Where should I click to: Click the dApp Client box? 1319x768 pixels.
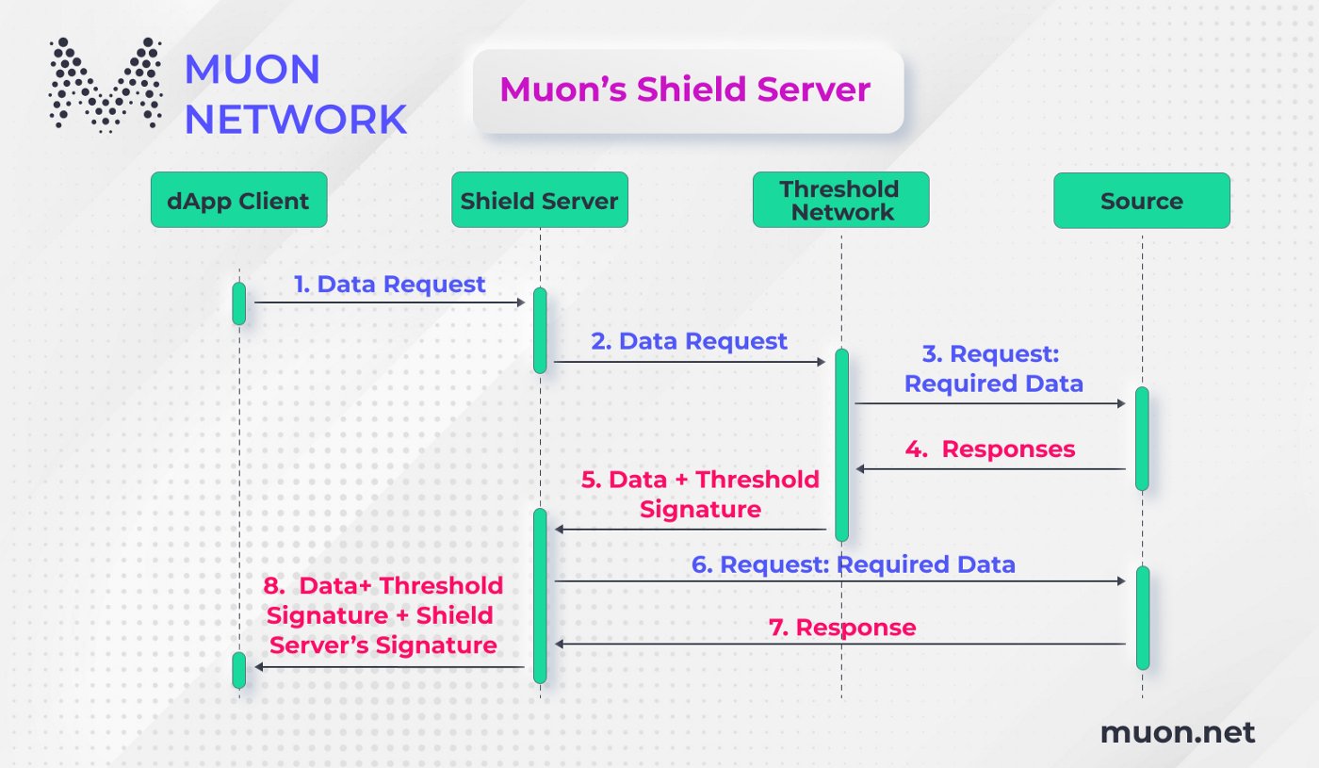[238, 200]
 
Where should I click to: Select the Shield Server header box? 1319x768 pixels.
[539, 200]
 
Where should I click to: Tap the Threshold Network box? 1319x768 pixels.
[840, 200]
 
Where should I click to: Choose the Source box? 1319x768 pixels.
[1141, 200]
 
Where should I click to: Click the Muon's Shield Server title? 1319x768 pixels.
[685, 90]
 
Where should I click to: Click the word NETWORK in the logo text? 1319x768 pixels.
[295, 120]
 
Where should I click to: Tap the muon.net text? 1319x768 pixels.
[1178, 733]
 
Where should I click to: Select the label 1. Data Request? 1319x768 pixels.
[389, 284]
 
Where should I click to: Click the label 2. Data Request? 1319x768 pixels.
[689, 340]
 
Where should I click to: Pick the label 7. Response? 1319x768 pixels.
[842, 627]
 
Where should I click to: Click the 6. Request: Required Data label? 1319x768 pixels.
[854, 564]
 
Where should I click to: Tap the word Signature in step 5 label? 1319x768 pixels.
[699, 510]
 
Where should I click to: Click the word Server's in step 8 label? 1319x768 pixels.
[318, 645]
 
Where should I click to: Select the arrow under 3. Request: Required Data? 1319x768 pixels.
[989, 403]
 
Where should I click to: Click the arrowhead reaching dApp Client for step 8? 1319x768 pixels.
[258, 667]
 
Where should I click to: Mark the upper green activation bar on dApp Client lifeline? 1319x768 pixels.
[239, 303]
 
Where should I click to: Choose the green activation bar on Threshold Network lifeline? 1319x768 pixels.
[840, 445]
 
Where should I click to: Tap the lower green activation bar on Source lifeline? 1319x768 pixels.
[1142, 617]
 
